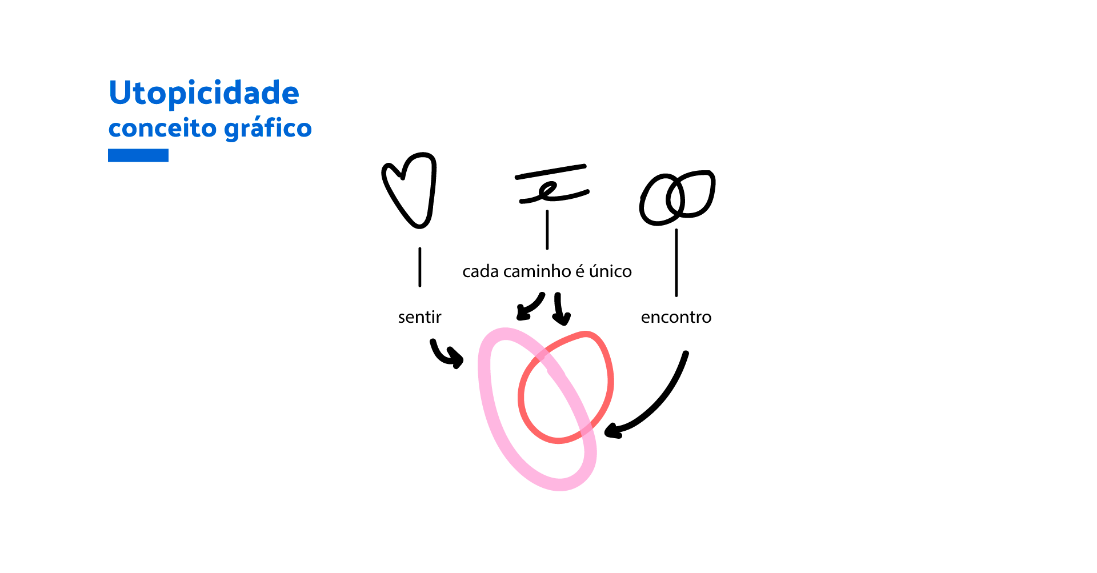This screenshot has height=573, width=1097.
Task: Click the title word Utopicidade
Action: point(203,93)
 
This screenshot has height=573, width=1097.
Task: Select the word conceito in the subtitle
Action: point(162,129)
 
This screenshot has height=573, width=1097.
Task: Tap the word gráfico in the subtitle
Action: point(268,129)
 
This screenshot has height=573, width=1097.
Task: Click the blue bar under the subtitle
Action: point(138,155)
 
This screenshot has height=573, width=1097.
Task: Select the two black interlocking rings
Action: point(676,197)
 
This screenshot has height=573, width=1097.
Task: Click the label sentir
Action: point(419,317)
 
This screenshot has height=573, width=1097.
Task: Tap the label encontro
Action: point(676,317)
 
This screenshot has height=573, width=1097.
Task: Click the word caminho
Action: point(537,271)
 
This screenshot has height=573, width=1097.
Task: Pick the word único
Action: point(610,271)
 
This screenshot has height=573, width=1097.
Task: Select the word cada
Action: point(481,271)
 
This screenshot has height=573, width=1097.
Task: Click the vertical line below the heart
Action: point(420,267)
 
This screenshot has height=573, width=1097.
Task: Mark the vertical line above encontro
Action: point(676,263)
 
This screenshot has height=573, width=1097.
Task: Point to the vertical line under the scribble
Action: point(547,230)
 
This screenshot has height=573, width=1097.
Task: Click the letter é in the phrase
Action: point(580,271)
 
